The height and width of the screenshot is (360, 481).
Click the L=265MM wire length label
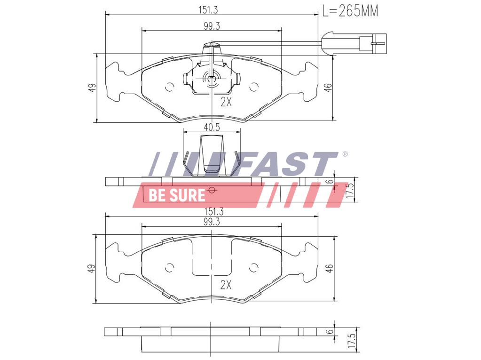pyautogui.click(x=350, y=10)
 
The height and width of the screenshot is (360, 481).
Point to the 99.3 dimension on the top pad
pyautogui.click(x=212, y=26)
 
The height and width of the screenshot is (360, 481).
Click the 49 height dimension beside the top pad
pyautogui.click(x=93, y=88)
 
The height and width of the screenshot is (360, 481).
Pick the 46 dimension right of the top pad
pyautogui.click(x=329, y=88)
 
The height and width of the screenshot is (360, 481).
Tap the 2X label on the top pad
pyautogui.click(x=226, y=102)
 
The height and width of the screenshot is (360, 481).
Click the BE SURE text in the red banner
pyautogui.click(x=177, y=195)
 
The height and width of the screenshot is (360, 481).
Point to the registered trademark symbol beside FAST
pyautogui.click(x=345, y=154)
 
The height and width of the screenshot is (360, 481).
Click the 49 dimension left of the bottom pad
pyautogui.click(x=93, y=268)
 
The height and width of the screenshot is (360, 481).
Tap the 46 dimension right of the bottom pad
pyautogui.click(x=330, y=268)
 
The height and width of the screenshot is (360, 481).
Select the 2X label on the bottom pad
pyautogui.click(x=226, y=284)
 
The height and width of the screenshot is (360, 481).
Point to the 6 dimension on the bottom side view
pyautogui.click(x=330, y=331)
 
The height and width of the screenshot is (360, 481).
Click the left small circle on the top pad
pyautogui.click(x=170, y=87)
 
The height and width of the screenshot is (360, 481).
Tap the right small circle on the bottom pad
pyautogui.click(x=253, y=268)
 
